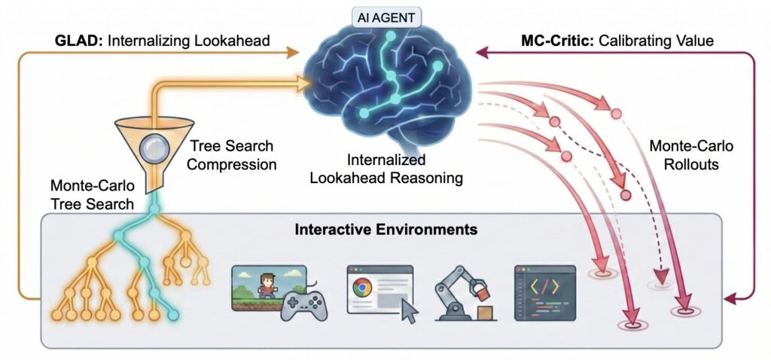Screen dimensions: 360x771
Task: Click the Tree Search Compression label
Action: [x=230, y=154]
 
